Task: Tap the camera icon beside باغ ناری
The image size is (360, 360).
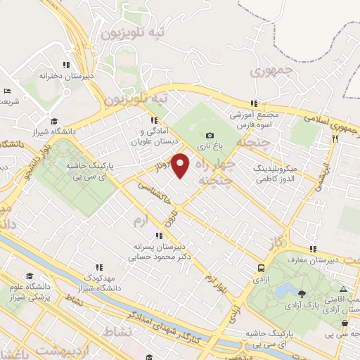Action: point(210,136)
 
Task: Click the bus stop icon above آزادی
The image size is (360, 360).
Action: point(261,267)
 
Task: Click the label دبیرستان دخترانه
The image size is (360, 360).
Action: point(67,74)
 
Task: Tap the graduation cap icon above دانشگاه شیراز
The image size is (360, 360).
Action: point(53,121)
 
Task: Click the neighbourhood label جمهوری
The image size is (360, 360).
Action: point(267,71)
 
